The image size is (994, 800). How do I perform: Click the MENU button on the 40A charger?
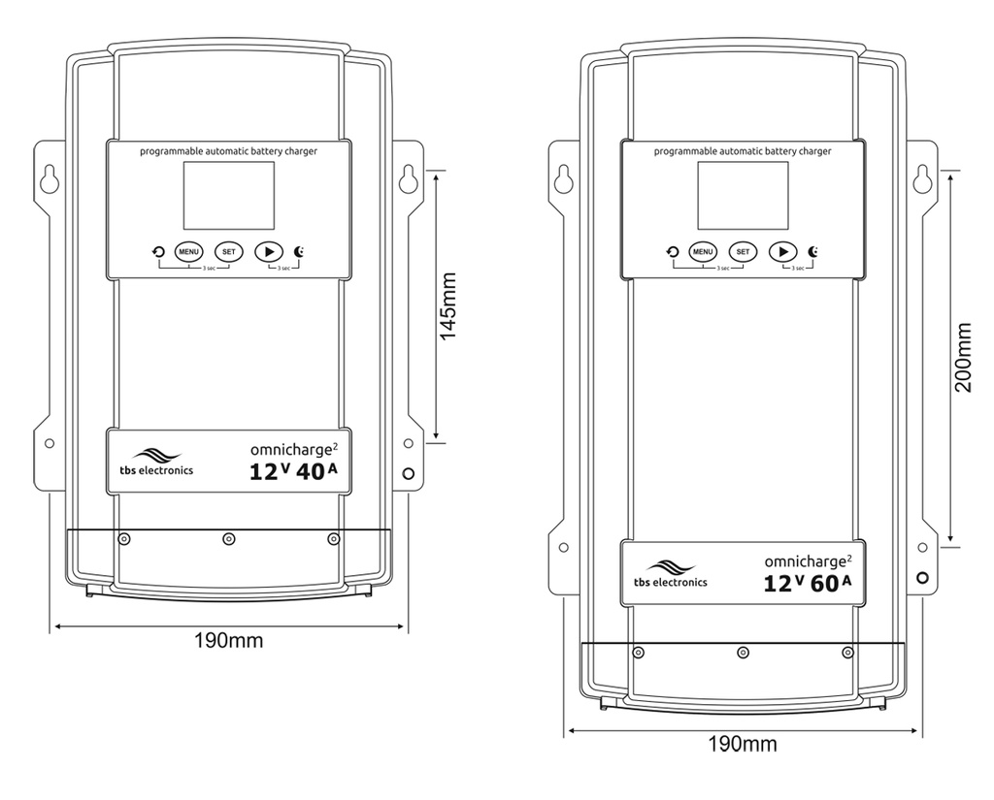(188, 251)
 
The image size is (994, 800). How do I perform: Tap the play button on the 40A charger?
(269, 251)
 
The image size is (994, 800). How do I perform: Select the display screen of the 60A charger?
(743, 195)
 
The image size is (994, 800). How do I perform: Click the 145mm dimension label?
(448, 305)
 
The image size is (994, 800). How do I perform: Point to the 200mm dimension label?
(963, 357)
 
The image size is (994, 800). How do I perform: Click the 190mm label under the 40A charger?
(228, 640)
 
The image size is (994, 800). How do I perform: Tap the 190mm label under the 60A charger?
(743, 744)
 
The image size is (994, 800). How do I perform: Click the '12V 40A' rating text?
(293, 471)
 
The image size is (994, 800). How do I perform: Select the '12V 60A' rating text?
(807, 583)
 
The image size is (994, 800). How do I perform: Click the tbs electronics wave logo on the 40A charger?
(156, 456)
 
